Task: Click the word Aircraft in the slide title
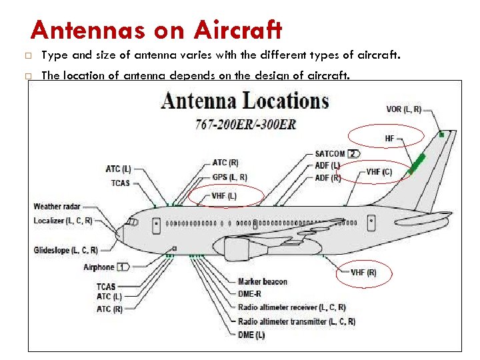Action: (x=238, y=30)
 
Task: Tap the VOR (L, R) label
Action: (x=404, y=109)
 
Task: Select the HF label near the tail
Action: (x=390, y=139)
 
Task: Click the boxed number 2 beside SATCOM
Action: (x=353, y=154)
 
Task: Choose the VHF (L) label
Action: (x=224, y=196)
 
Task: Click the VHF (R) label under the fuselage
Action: (x=363, y=272)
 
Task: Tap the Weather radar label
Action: (x=57, y=207)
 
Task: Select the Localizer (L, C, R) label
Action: (x=63, y=221)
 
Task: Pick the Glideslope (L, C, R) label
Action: (x=65, y=251)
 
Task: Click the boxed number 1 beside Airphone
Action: (x=123, y=267)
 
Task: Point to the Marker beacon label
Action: (x=263, y=281)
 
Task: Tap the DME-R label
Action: (x=250, y=293)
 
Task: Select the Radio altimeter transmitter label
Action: (x=296, y=321)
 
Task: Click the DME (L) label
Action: (x=251, y=335)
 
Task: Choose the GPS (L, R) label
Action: (x=229, y=177)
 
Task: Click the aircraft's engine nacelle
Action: (x=237, y=249)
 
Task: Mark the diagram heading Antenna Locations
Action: (x=245, y=102)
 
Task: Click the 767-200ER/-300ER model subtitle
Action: (x=245, y=124)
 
